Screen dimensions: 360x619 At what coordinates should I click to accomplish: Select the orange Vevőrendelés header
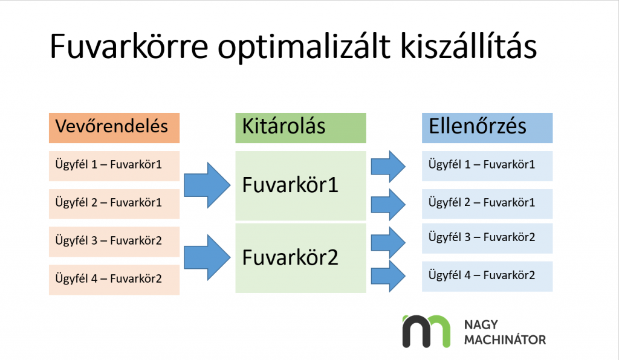(x=114, y=127)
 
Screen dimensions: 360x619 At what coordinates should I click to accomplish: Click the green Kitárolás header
(x=300, y=127)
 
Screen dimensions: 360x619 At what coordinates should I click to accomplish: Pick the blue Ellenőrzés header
(x=487, y=127)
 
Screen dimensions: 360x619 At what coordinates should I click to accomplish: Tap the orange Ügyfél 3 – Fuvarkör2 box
(x=114, y=241)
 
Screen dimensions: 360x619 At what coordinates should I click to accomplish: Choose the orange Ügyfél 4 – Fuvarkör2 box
(x=114, y=279)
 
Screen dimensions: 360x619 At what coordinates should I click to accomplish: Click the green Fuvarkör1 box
(x=300, y=185)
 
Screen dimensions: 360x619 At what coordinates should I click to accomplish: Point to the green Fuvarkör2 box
(x=300, y=259)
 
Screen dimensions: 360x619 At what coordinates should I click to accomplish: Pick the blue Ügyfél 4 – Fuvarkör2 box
(x=487, y=276)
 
